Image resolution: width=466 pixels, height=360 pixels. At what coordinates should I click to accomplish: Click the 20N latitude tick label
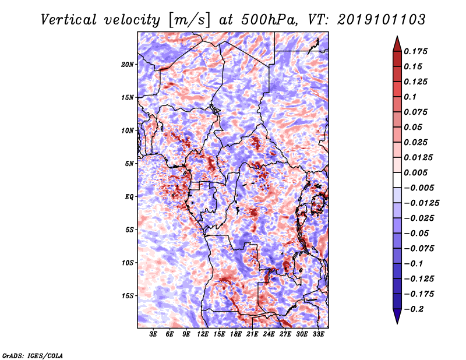pos(128,65)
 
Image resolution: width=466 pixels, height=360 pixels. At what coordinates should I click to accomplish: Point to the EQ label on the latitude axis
pos(129,197)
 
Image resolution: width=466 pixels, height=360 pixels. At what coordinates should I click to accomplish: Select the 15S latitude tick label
pos(128,296)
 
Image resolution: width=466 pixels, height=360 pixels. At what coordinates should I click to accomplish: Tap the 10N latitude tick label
pos(128,130)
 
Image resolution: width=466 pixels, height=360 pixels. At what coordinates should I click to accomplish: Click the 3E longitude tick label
pos(153,334)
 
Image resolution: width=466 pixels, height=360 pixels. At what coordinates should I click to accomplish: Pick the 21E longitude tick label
pos(252,334)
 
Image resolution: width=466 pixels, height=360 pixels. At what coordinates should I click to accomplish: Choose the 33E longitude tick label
pos(318,334)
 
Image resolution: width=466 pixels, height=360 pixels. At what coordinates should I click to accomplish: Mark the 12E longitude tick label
pos(202,334)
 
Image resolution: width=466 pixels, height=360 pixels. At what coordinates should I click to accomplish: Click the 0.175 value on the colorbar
pos(415,51)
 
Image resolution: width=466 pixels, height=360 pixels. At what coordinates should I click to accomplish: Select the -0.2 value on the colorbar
pos(414,309)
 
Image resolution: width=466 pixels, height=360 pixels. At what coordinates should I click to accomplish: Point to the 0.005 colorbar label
pos(415,172)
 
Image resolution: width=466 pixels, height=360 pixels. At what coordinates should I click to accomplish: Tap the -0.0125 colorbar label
pos(421,203)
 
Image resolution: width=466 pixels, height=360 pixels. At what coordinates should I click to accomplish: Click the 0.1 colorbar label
pos(410,97)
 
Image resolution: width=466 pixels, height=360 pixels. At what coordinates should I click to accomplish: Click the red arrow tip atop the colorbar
pos(397,37)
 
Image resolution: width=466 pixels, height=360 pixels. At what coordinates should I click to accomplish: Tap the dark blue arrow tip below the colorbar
pos(397,323)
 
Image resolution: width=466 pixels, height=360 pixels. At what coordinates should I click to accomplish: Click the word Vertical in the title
pos(68,20)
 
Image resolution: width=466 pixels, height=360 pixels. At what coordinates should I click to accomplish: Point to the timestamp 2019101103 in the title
pos(382,20)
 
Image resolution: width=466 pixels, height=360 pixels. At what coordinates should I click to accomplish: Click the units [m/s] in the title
pos(189,20)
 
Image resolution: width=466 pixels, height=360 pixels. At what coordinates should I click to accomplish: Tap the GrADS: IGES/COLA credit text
pos(33,355)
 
